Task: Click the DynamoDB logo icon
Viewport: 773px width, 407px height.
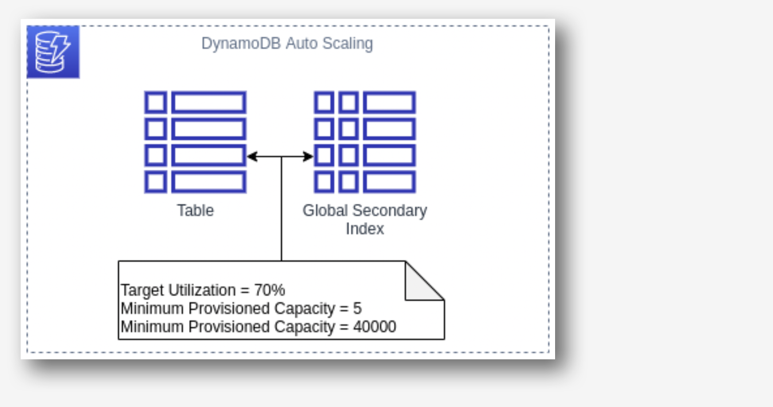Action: [53, 52]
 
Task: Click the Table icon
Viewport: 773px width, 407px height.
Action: [195, 142]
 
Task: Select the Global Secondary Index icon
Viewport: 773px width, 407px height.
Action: [365, 142]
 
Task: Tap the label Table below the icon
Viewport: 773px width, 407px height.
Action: [195, 211]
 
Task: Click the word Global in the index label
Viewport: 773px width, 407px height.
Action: [325, 211]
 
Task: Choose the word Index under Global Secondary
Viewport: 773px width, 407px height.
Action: [365, 229]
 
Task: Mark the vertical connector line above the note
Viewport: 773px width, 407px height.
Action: [282, 212]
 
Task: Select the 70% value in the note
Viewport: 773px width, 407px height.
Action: [269, 290]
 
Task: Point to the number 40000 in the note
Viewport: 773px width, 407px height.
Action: [376, 327]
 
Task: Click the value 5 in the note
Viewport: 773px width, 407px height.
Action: [357, 309]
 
